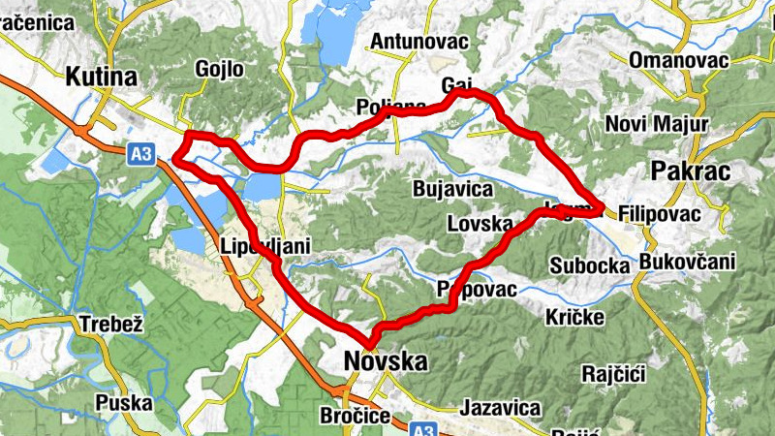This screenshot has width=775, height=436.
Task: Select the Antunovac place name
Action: click(419, 41)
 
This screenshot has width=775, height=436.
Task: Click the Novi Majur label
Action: click(656, 124)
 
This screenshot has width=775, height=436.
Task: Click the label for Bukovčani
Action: click(687, 262)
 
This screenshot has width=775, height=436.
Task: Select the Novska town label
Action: click(386, 361)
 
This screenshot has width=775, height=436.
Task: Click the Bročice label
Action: click(355, 416)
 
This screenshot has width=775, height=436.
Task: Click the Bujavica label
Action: click(452, 188)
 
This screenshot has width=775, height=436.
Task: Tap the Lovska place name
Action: click(480, 224)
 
